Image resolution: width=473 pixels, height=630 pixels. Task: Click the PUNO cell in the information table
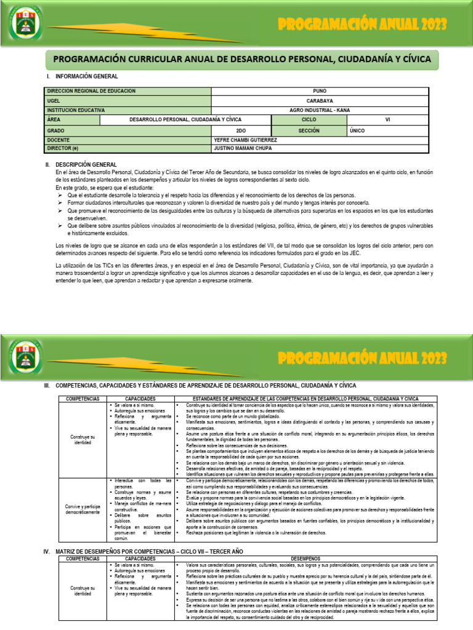click(320, 91)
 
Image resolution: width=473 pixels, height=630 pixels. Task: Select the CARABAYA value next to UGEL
click(320, 100)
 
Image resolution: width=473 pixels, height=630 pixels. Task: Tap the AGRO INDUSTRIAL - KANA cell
click(320, 110)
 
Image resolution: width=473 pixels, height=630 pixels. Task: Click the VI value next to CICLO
click(387, 119)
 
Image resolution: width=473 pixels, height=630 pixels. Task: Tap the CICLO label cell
click(309, 119)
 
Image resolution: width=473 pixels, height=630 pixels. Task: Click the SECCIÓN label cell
click(309, 130)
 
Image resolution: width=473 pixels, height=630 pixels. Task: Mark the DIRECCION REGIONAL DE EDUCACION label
click(91, 91)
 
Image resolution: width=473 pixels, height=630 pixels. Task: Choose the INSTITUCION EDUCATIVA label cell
click(76, 110)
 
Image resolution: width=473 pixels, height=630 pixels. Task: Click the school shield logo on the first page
click(26, 29)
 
